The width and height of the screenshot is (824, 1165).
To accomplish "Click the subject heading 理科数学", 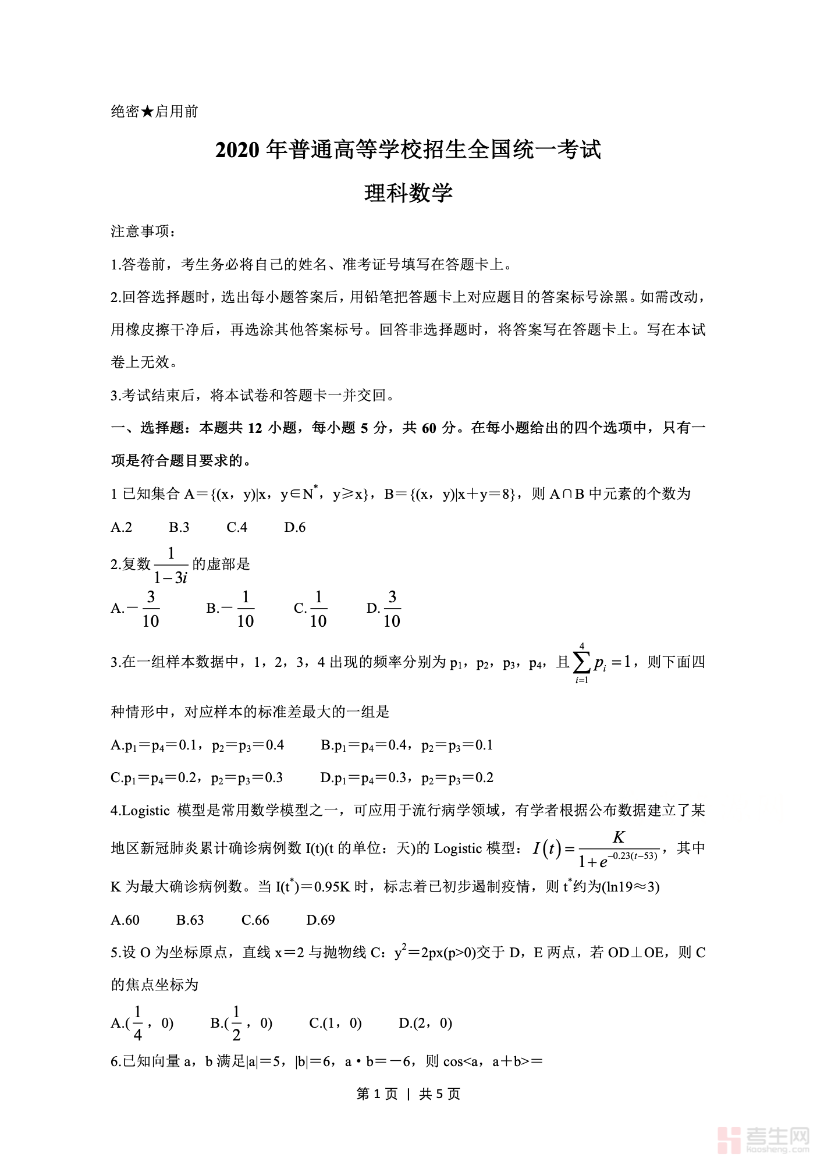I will tap(408, 193).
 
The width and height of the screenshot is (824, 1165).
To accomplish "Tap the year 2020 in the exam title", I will tap(237, 150).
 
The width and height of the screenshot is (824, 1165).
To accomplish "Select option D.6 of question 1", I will tap(294, 527).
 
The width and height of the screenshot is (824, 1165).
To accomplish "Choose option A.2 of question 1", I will tap(122, 527).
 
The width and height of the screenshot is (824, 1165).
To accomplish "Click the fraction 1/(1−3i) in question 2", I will tap(171, 564).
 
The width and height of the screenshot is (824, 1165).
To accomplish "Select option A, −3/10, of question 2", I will tap(136, 609).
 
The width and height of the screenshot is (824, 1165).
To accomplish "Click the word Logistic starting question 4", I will tap(145, 811).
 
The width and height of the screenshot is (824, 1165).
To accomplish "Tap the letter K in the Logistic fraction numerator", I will tap(619, 837).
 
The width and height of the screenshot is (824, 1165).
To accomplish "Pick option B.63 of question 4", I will tap(190, 920).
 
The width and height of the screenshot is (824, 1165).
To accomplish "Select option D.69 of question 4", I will tap(320, 920).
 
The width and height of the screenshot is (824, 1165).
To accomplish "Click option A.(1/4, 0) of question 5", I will tap(142, 1023).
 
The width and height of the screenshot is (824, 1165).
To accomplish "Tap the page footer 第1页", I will tap(377, 1094).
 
